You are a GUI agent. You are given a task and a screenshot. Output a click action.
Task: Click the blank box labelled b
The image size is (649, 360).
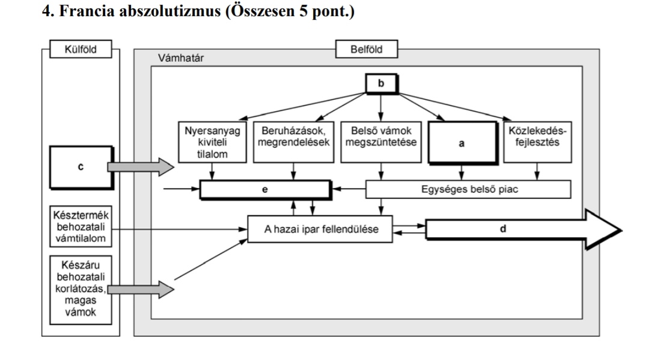(380, 83)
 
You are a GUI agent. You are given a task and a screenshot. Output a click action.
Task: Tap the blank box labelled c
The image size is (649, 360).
(80, 166)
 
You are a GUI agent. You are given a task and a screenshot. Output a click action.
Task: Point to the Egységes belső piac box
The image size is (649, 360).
(467, 189)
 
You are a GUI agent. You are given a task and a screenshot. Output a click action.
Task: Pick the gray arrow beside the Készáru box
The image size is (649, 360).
(141, 290)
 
